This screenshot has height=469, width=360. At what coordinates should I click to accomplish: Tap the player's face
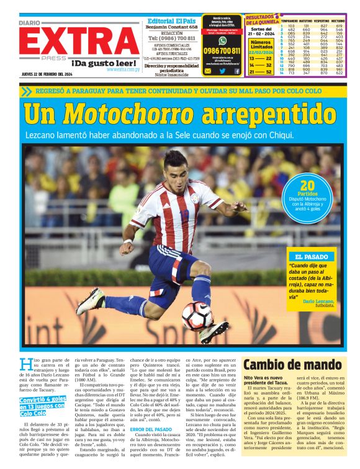point(177,167)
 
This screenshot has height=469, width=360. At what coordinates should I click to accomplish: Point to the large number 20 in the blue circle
point(307,185)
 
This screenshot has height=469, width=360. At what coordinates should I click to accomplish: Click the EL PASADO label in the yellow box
point(312,256)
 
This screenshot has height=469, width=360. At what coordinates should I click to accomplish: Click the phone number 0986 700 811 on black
point(222,50)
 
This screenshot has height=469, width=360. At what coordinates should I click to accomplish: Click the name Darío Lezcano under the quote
point(319,301)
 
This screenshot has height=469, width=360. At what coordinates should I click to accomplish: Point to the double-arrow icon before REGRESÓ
point(25,91)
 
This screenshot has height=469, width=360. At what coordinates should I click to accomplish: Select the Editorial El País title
point(171,20)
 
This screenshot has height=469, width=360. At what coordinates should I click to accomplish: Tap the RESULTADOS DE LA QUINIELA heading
point(261,20)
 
